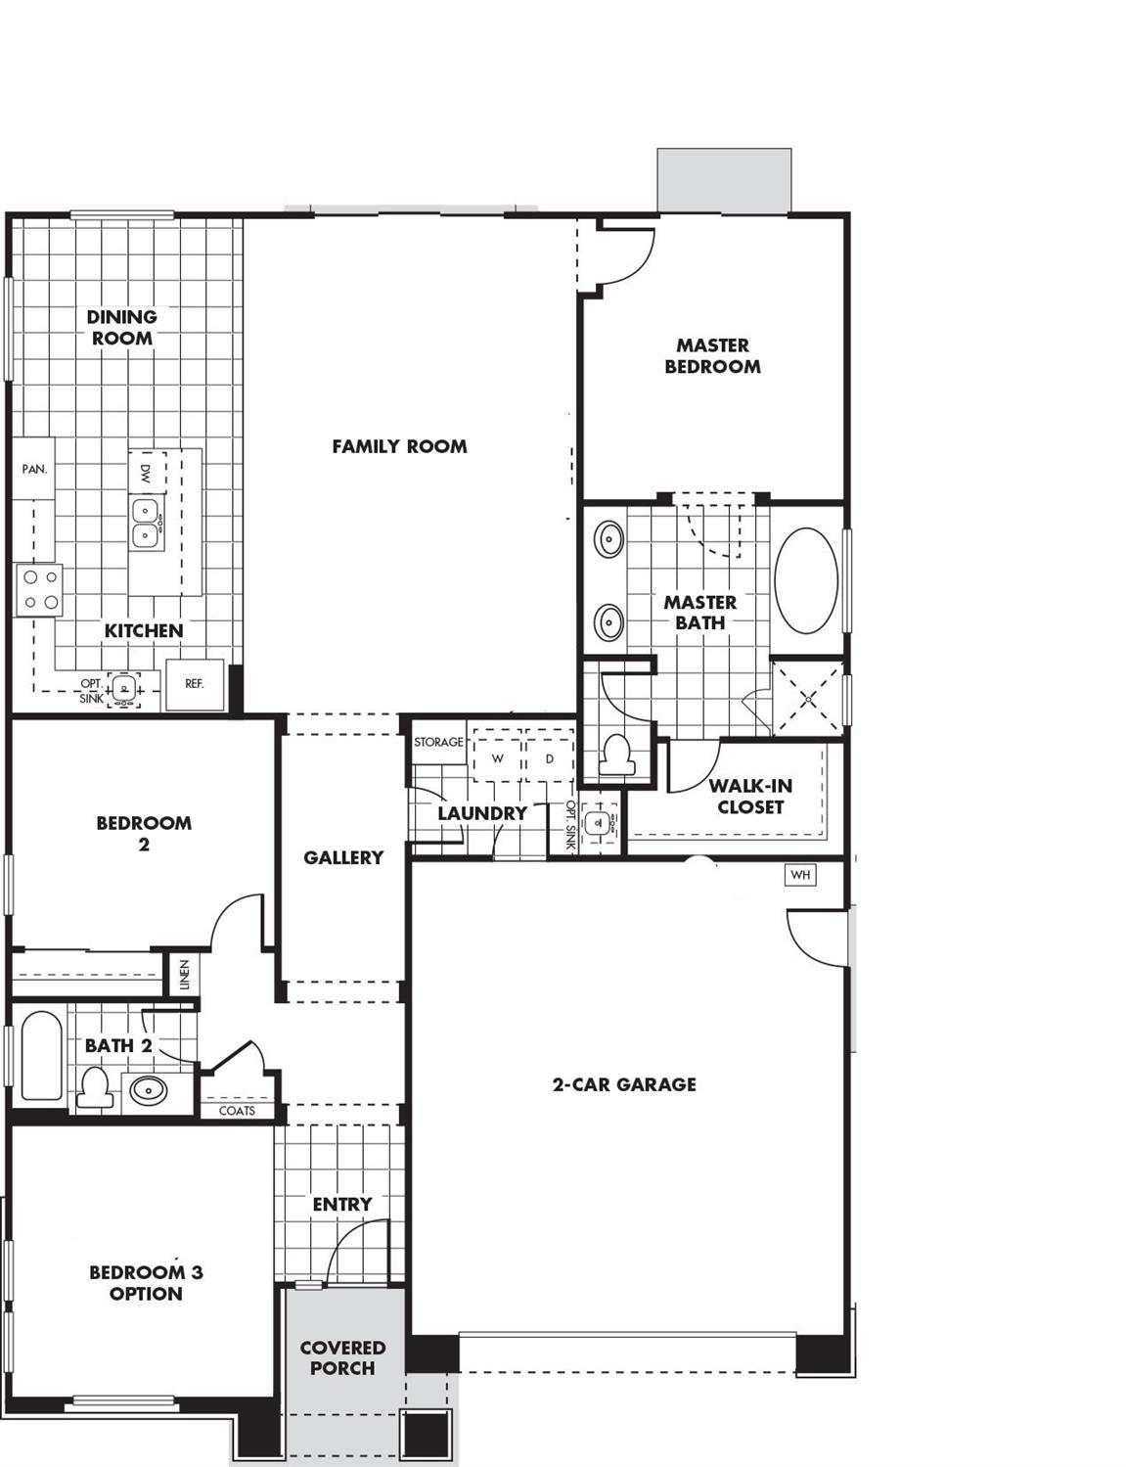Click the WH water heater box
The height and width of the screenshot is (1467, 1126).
[799, 875]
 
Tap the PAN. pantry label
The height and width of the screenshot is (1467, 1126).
[34, 469]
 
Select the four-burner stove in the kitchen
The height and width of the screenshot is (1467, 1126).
[39, 590]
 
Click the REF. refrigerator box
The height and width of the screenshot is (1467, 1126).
[195, 684]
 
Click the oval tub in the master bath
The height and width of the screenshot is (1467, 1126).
[806, 580]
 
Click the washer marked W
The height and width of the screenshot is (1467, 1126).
[498, 758]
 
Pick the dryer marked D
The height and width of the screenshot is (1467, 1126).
[549, 758]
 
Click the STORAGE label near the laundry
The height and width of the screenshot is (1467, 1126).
[438, 742]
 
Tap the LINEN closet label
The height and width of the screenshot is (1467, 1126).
[185, 975]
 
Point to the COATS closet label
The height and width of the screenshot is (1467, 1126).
[237, 1111]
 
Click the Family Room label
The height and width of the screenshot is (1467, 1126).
[399, 446]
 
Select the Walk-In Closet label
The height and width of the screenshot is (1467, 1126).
[750, 797]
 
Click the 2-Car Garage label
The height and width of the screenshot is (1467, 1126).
[624, 1084]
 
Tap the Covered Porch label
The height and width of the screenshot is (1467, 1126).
[342, 1358]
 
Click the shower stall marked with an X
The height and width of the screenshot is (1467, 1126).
[807, 699]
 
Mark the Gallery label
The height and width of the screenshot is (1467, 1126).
[343, 857]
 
